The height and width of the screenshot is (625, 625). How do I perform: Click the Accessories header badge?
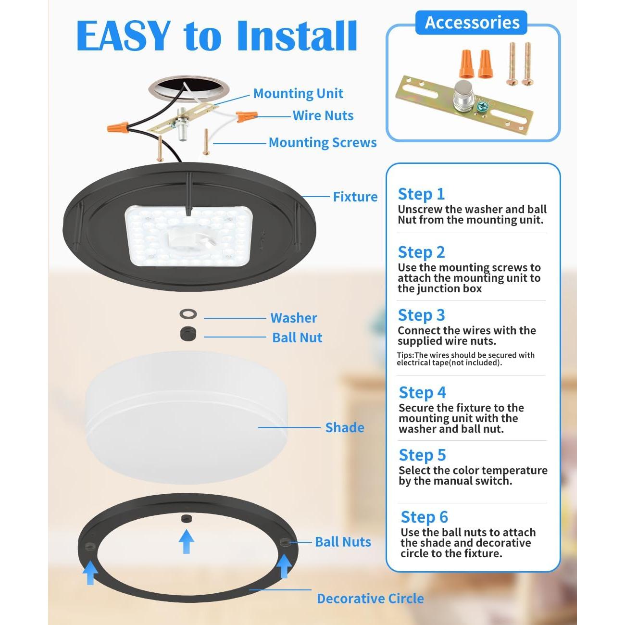(x=472, y=23)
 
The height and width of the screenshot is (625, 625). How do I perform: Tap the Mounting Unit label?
(x=298, y=93)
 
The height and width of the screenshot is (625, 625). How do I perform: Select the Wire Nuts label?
(x=323, y=115)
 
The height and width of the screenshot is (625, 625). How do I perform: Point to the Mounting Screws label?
(x=322, y=142)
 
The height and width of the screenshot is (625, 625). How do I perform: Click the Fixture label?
(x=355, y=197)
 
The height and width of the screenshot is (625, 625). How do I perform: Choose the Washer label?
(x=293, y=318)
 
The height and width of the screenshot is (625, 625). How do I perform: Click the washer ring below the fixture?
(x=188, y=314)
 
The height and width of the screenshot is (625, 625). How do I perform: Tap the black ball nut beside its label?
(x=188, y=334)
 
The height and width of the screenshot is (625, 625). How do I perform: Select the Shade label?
(x=344, y=427)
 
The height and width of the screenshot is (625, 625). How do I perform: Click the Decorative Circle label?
(x=370, y=599)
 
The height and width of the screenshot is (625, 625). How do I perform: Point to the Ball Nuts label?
(x=343, y=542)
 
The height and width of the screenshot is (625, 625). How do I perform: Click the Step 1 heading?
(x=421, y=194)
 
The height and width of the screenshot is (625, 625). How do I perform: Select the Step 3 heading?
(x=421, y=315)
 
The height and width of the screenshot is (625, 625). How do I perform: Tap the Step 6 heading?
(x=424, y=517)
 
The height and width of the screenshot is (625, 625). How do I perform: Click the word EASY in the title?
(x=124, y=36)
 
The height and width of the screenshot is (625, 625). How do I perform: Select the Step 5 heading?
(x=422, y=455)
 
